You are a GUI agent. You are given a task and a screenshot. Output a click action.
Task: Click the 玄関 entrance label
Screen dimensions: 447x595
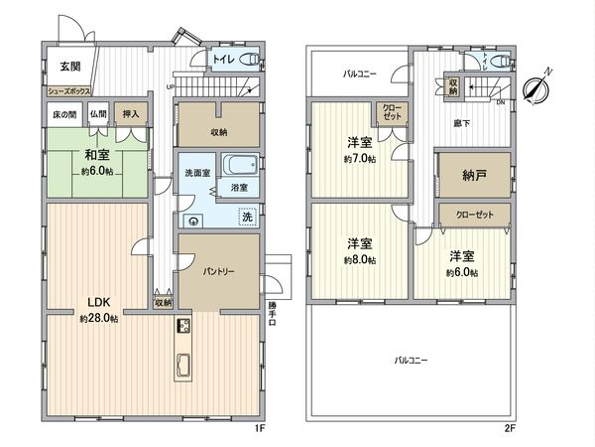tap(68, 67)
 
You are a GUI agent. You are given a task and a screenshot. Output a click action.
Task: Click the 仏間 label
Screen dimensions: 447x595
tap(97, 114)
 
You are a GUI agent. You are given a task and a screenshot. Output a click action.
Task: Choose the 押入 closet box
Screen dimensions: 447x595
tap(130, 114)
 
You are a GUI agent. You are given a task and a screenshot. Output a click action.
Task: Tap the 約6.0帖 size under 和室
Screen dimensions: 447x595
tap(95, 170)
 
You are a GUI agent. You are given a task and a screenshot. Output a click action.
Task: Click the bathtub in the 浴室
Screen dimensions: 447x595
tap(240, 165)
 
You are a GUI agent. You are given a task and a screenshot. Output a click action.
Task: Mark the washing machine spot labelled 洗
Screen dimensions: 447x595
tap(247, 218)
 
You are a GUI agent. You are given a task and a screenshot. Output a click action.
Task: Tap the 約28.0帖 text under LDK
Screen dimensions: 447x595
tap(99, 319)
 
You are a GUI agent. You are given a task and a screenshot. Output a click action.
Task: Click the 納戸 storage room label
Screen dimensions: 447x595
tap(474, 176)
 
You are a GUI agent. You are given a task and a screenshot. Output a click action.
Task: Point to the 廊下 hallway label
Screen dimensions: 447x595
tap(462, 124)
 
